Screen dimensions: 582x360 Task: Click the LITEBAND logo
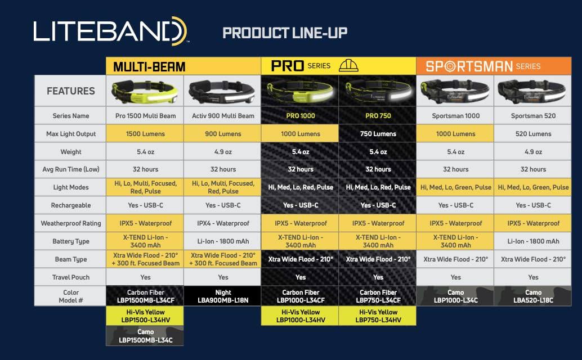coord(110,31)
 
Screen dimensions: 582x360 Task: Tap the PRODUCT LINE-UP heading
coord(285,33)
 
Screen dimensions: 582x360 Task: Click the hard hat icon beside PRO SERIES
coord(348,66)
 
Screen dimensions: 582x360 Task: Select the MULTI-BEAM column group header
coord(183,66)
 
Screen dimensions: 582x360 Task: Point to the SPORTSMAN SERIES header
coord(494,66)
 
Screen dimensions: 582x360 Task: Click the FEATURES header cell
coord(70,91)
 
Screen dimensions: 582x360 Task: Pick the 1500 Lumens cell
coord(145,133)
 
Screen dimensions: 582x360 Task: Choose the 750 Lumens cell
coord(378,133)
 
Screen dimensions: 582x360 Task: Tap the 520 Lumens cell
coord(532,133)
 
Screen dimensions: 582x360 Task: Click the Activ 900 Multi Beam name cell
coord(223,116)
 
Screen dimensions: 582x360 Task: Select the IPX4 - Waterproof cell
coord(223,223)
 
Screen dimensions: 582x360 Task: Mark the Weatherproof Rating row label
coord(70,223)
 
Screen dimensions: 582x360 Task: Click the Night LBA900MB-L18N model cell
coord(223,296)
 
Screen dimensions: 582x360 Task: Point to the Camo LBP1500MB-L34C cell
coord(145,336)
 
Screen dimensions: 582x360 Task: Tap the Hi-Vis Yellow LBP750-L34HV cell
coord(378,316)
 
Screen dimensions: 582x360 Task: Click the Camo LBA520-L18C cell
coord(532,296)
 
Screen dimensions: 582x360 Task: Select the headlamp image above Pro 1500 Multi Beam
coord(145,92)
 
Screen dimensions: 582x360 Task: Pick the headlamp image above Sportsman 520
coord(532,91)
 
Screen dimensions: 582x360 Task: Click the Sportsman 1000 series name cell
coord(455,116)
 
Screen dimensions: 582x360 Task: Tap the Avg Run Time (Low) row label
coord(70,169)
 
